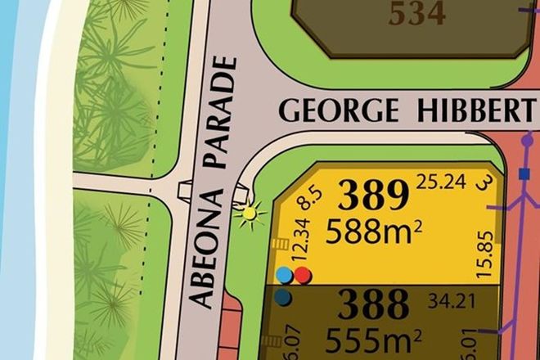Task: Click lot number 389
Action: click(373, 196)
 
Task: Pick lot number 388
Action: click(373, 304)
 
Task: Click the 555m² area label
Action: click(374, 338)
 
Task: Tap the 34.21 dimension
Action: click(452, 301)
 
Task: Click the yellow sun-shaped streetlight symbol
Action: click(247, 214)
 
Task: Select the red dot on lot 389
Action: click(303, 275)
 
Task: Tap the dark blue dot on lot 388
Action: click(283, 298)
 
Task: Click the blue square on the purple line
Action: click(524, 174)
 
